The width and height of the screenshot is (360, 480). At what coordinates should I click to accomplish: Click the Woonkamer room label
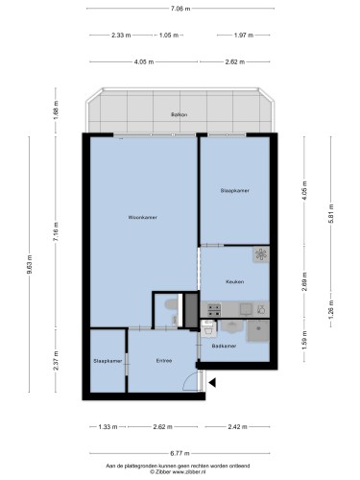coord(143,217)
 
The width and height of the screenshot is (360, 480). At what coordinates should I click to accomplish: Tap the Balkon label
coord(180,114)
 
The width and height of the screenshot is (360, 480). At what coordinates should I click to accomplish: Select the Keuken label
coord(235,282)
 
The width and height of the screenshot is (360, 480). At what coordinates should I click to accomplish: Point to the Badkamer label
coord(224,346)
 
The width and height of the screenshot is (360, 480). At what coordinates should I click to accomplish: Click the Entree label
coord(164,361)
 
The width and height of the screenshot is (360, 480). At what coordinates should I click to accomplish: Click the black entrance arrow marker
coord(212,382)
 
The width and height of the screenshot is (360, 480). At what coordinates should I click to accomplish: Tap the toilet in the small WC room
coord(172,304)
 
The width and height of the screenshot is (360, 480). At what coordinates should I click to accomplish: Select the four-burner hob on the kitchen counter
coord(214,310)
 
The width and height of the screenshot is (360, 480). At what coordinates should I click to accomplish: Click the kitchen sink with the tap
coord(261,309)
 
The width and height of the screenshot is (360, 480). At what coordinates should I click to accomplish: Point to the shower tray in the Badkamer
coord(258,331)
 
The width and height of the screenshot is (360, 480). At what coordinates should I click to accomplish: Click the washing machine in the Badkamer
coord(208,328)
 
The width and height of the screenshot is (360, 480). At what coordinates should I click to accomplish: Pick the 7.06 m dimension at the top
coord(180,9)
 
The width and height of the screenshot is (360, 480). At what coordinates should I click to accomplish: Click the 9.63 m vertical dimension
coord(29,265)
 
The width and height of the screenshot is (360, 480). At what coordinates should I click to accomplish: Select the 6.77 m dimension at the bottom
coord(180,453)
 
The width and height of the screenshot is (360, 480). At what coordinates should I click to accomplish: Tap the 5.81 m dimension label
coord(331,213)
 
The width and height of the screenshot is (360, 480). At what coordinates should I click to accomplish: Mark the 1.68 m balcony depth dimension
coord(56,110)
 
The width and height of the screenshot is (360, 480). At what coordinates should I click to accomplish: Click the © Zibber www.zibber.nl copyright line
coord(178,471)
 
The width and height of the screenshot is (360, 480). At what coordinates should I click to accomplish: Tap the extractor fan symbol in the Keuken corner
coord(261,254)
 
